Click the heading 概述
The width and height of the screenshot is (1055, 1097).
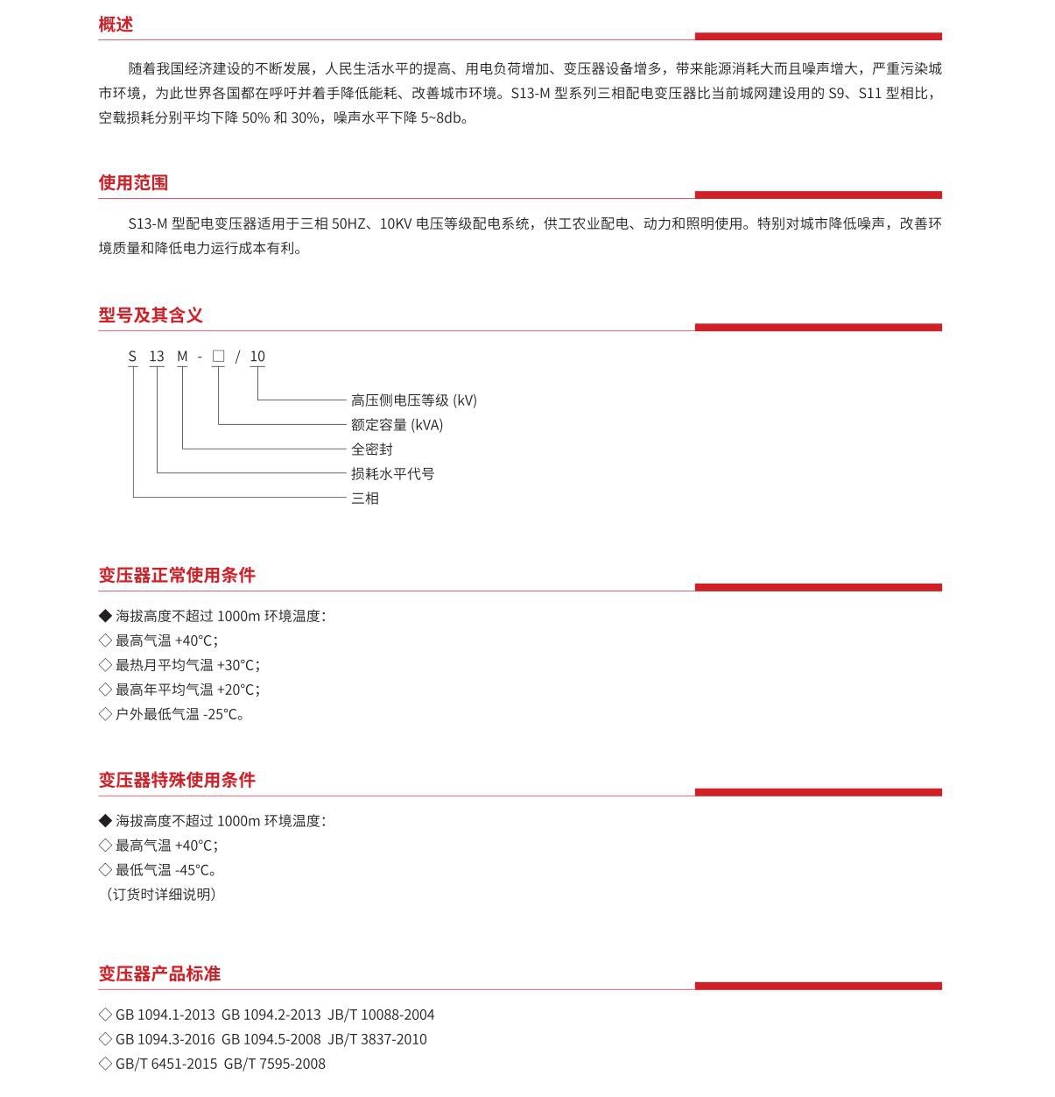coord(116,25)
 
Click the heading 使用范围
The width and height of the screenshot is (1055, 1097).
coord(133,182)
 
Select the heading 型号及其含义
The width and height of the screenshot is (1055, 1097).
coord(151,315)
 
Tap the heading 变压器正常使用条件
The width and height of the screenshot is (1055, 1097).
coord(177,575)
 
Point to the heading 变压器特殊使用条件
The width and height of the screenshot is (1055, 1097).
coord(177,780)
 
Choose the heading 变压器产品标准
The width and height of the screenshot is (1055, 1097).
coord(159,973)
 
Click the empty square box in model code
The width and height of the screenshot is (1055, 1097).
coord(218,356)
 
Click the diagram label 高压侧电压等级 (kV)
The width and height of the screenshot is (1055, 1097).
coord(413,400)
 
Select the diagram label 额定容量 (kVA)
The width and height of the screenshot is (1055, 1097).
coord(397,425)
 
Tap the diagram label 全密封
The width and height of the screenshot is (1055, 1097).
coord(372,449)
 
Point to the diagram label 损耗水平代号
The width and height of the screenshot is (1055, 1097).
coord(392,474)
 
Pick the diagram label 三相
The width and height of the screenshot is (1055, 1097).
coord(365,499)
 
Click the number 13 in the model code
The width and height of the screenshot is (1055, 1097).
coord(157,357)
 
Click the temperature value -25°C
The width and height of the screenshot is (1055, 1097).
coord(222,714)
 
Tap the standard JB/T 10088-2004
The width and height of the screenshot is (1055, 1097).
coord(381,1015)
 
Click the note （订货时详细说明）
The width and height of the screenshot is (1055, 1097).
coord(160,895)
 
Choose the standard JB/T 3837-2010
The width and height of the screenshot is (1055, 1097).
coord(377,1039)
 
